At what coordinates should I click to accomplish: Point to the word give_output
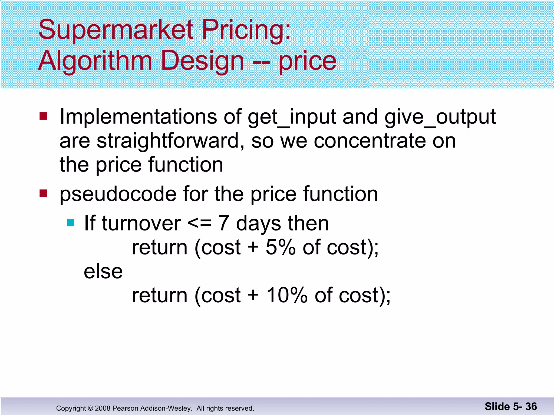point(440,117)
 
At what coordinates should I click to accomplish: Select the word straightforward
point(170,141)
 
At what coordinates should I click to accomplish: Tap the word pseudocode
point(118,195)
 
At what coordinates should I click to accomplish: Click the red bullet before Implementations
point(43,116)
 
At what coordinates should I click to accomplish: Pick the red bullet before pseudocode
point(43,193)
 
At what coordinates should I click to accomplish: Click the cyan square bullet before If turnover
point(71,223)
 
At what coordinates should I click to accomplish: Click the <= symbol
point(199,224)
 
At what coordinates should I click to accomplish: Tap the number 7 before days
point(224,223)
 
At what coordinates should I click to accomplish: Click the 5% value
point(281,247)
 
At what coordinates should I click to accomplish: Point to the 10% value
point(287,295)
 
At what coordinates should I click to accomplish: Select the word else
point(103,272)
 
